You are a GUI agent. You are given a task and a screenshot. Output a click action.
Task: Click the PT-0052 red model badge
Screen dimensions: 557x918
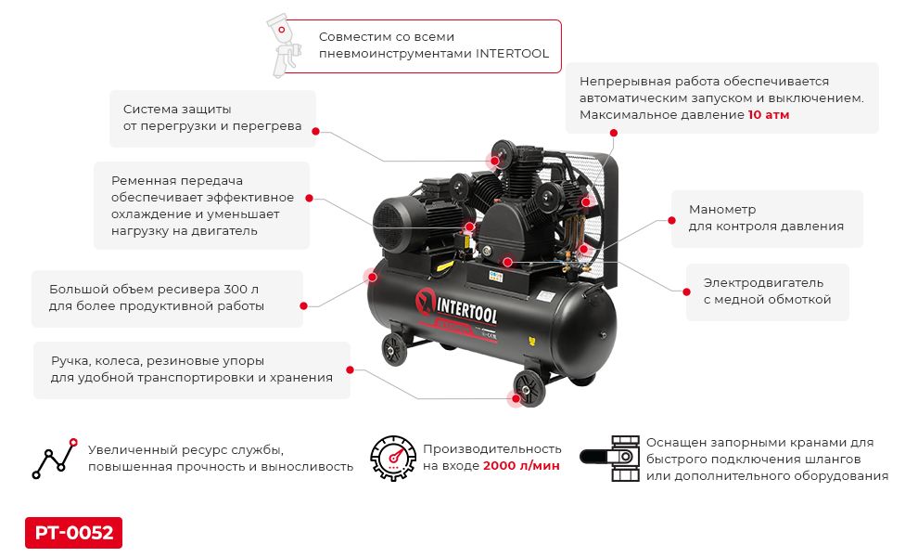[x=73, y=533]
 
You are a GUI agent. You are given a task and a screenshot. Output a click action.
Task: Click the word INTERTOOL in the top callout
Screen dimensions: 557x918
[x=512, y=54]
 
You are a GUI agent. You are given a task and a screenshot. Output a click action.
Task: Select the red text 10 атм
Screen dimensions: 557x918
[x=769, y=115]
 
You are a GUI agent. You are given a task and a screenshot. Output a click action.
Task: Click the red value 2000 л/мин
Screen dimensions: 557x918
[x=521, y=466]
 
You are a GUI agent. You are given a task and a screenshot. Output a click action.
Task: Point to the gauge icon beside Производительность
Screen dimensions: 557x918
[x=393, y=458]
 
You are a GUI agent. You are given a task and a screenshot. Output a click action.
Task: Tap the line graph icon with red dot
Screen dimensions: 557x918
[x=54, y=458]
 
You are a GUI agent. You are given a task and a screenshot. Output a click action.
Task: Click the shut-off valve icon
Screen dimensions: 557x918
[x=610, y=458]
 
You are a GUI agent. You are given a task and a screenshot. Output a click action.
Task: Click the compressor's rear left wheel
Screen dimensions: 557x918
[x=394, y=349]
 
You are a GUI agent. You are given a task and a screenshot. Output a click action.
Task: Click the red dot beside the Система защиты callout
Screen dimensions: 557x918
[x=315, y=131]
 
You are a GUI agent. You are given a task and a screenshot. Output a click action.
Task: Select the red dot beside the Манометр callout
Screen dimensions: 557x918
[x=670, y=220]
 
